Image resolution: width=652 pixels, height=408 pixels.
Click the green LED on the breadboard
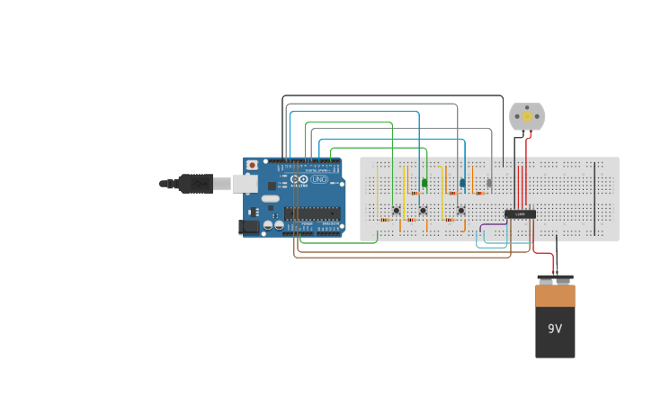click(424, 183)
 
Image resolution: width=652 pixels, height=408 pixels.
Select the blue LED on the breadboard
click(463, 183)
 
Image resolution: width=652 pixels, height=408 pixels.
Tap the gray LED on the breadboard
click(489, 183)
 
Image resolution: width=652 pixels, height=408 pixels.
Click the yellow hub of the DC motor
click(527, 116)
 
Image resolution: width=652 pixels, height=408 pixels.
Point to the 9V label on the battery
click(555, 329)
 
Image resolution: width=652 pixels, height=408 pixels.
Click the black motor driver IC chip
click(520, 213)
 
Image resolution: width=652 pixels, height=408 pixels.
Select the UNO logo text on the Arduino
click(319, 179)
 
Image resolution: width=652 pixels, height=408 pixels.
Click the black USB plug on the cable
click(194, 183)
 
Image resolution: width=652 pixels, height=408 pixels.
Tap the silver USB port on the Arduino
click(245, 183)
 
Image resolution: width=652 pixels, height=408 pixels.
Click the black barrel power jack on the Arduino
click(249, 227)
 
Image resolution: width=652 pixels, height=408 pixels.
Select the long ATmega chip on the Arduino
click(312, 213)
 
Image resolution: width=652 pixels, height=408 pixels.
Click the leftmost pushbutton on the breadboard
click(396, 211)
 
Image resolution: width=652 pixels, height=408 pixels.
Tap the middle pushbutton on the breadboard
click(423, 211)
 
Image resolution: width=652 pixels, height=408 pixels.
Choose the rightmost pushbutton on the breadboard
click(461, 211)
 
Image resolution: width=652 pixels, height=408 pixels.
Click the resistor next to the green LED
click(415, 193)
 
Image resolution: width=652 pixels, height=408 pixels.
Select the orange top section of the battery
click(555, 296)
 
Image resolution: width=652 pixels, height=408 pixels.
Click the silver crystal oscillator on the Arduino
click(270, 198)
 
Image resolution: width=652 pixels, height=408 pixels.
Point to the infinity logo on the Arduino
click(299, 179)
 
